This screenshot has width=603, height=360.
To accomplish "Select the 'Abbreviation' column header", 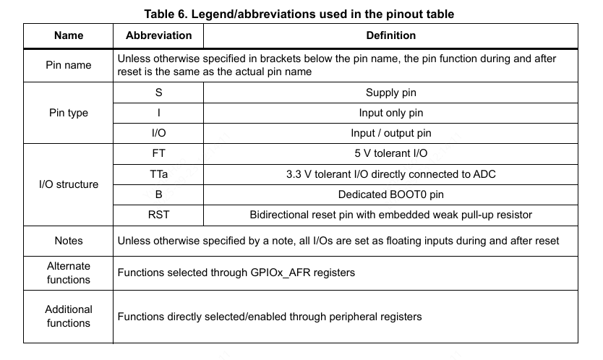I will coord(158,35).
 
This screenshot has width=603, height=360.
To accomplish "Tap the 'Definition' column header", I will coord(390,35).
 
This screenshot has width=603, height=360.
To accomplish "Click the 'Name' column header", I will coord(69,35).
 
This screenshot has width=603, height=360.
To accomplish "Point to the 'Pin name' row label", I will coord(69,65).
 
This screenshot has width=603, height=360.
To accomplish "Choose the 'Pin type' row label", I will coord(69,113).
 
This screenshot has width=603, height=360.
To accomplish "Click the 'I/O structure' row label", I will coord(69,184).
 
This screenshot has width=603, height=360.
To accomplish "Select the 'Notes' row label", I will coord(69,241).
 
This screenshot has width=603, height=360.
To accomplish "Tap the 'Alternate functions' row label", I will coord(69,273).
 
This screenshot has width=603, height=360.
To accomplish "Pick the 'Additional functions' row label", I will coord(69,316).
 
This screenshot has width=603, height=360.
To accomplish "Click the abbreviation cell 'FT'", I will coord(158,153).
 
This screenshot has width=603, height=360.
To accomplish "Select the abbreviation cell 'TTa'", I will coord(158,173).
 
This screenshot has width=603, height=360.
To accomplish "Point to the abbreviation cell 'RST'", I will coord(158,215).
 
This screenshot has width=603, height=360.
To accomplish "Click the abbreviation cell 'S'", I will coord(158,93).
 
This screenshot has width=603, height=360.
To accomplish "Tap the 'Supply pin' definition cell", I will coord(390,93).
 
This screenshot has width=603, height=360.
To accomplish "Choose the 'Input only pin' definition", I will coord(390,113).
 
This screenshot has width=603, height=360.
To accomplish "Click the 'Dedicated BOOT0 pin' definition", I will coord(390,194).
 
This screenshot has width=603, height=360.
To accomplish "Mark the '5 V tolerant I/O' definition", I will coord(390,153).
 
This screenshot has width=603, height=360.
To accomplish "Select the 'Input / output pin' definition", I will coord(390,133).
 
